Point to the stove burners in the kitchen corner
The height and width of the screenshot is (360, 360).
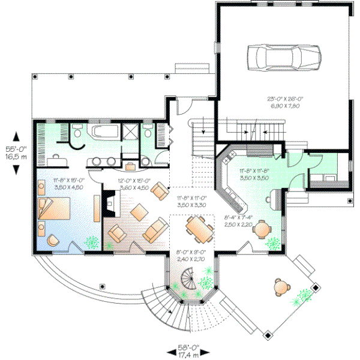point(227,158)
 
